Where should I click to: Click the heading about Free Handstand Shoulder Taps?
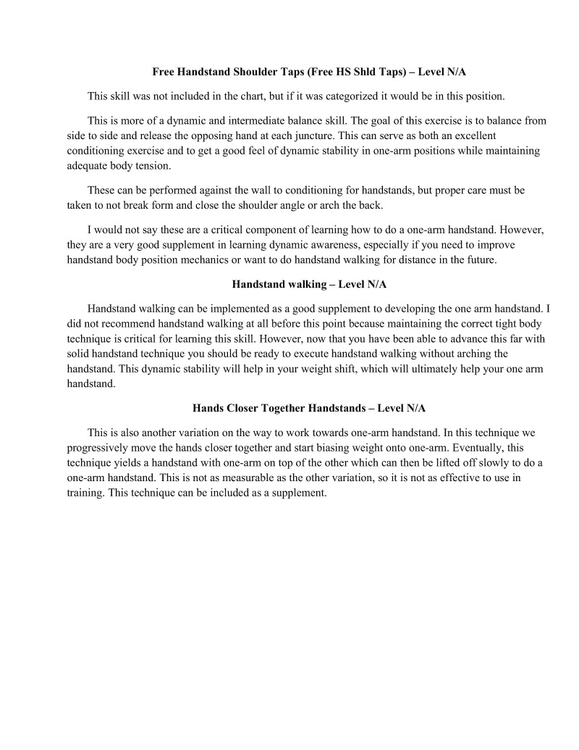313,72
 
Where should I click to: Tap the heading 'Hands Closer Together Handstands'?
313,409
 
